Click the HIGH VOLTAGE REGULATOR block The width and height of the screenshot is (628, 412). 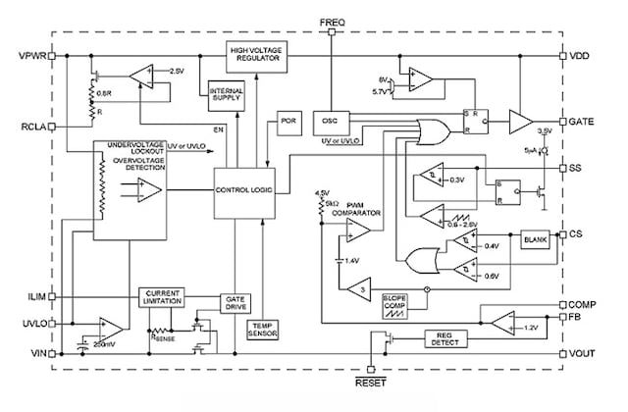[x=256, y=56]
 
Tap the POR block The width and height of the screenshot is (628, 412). [x=287, y=123]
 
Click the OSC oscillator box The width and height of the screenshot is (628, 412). [x=329, y=123]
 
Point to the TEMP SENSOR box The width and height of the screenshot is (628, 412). [x=264, y=332]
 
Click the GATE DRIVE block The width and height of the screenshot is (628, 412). [x=236, y=301]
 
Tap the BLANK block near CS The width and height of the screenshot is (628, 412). [x=537, y=238]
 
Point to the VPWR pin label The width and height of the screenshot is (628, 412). [x=33, y=55]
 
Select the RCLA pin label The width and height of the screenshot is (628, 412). [x=35, y=127]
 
